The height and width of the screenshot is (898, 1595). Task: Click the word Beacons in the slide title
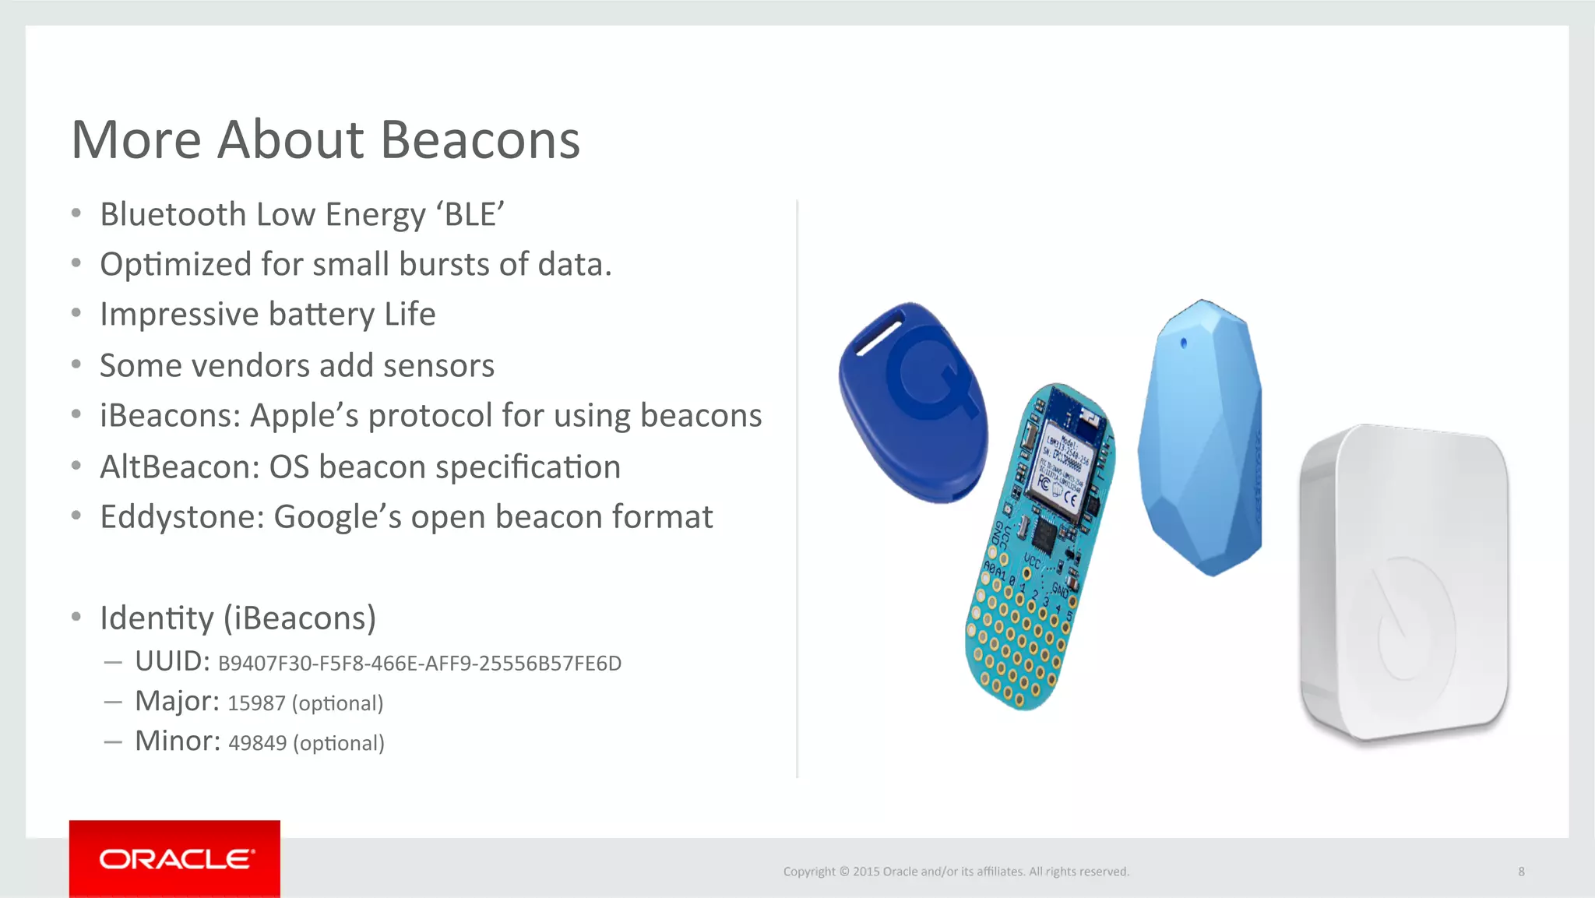480,141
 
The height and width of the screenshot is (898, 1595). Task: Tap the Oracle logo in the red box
176,859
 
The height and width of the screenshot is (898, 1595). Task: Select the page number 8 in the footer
1521,872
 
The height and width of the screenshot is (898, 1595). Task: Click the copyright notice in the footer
956,872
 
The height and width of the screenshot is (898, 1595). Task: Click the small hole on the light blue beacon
1184,343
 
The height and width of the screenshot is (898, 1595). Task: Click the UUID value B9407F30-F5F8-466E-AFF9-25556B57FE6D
419,664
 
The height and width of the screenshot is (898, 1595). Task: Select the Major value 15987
256,703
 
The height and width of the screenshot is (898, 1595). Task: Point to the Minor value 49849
257,743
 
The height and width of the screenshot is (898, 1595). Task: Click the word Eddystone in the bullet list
181,517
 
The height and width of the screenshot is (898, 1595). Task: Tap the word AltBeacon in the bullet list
179,467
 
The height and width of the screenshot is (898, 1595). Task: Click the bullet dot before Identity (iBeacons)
76,618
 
